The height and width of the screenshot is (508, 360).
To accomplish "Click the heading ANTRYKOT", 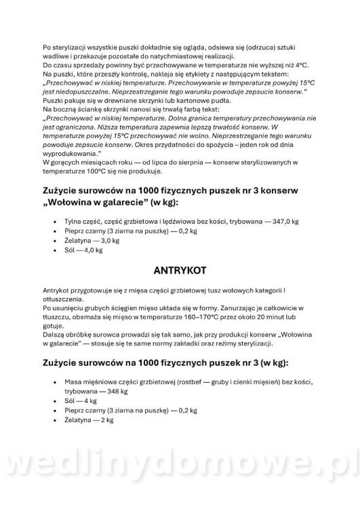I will coord(180,271).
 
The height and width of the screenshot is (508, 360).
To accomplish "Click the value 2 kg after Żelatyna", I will coord(104,420).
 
